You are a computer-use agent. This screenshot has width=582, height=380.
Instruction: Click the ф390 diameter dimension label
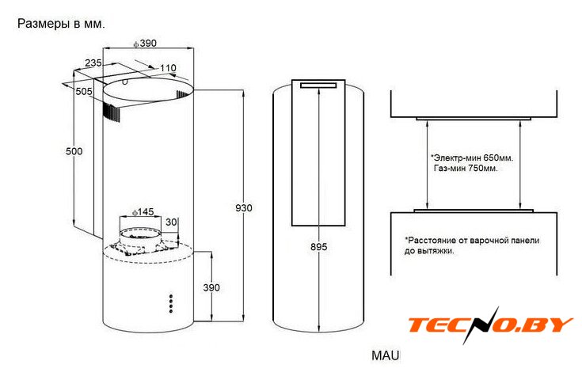[145, 44]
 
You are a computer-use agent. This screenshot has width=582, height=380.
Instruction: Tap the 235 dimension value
[93, 63]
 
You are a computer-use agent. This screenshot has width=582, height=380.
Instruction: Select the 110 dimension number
[168, 68]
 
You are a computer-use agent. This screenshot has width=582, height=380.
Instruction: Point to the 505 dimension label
[84, 91]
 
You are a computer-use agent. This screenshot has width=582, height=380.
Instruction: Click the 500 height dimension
[74, 151]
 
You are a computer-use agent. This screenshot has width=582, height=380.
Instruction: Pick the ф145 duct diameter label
[143, 212]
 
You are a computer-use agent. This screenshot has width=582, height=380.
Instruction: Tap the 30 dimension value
[171, 222]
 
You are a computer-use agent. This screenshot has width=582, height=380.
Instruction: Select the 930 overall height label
[244, 208]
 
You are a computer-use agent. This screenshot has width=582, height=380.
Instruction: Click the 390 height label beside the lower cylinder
[211, 287]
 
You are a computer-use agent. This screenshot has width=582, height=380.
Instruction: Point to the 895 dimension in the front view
[319, 247]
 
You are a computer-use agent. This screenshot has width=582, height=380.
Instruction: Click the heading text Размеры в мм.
[61, 24]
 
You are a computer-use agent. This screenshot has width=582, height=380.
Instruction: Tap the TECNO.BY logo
[491, 325]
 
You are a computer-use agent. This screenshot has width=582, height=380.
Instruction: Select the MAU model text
[386, 355]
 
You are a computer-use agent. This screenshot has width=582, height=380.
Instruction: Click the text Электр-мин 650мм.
[472, 158]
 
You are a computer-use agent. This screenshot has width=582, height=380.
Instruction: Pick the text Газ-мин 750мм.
[466, 168]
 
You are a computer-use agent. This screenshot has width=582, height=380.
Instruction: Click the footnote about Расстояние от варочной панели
[472, 245]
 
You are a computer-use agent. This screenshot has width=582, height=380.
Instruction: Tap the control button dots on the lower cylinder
[171, 304]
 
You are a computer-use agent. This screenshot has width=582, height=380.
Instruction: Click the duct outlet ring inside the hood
[140, 234]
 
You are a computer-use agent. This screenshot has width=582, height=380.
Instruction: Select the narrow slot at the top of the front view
[318, 85]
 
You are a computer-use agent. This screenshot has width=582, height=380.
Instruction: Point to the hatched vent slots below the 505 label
[112, 112]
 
